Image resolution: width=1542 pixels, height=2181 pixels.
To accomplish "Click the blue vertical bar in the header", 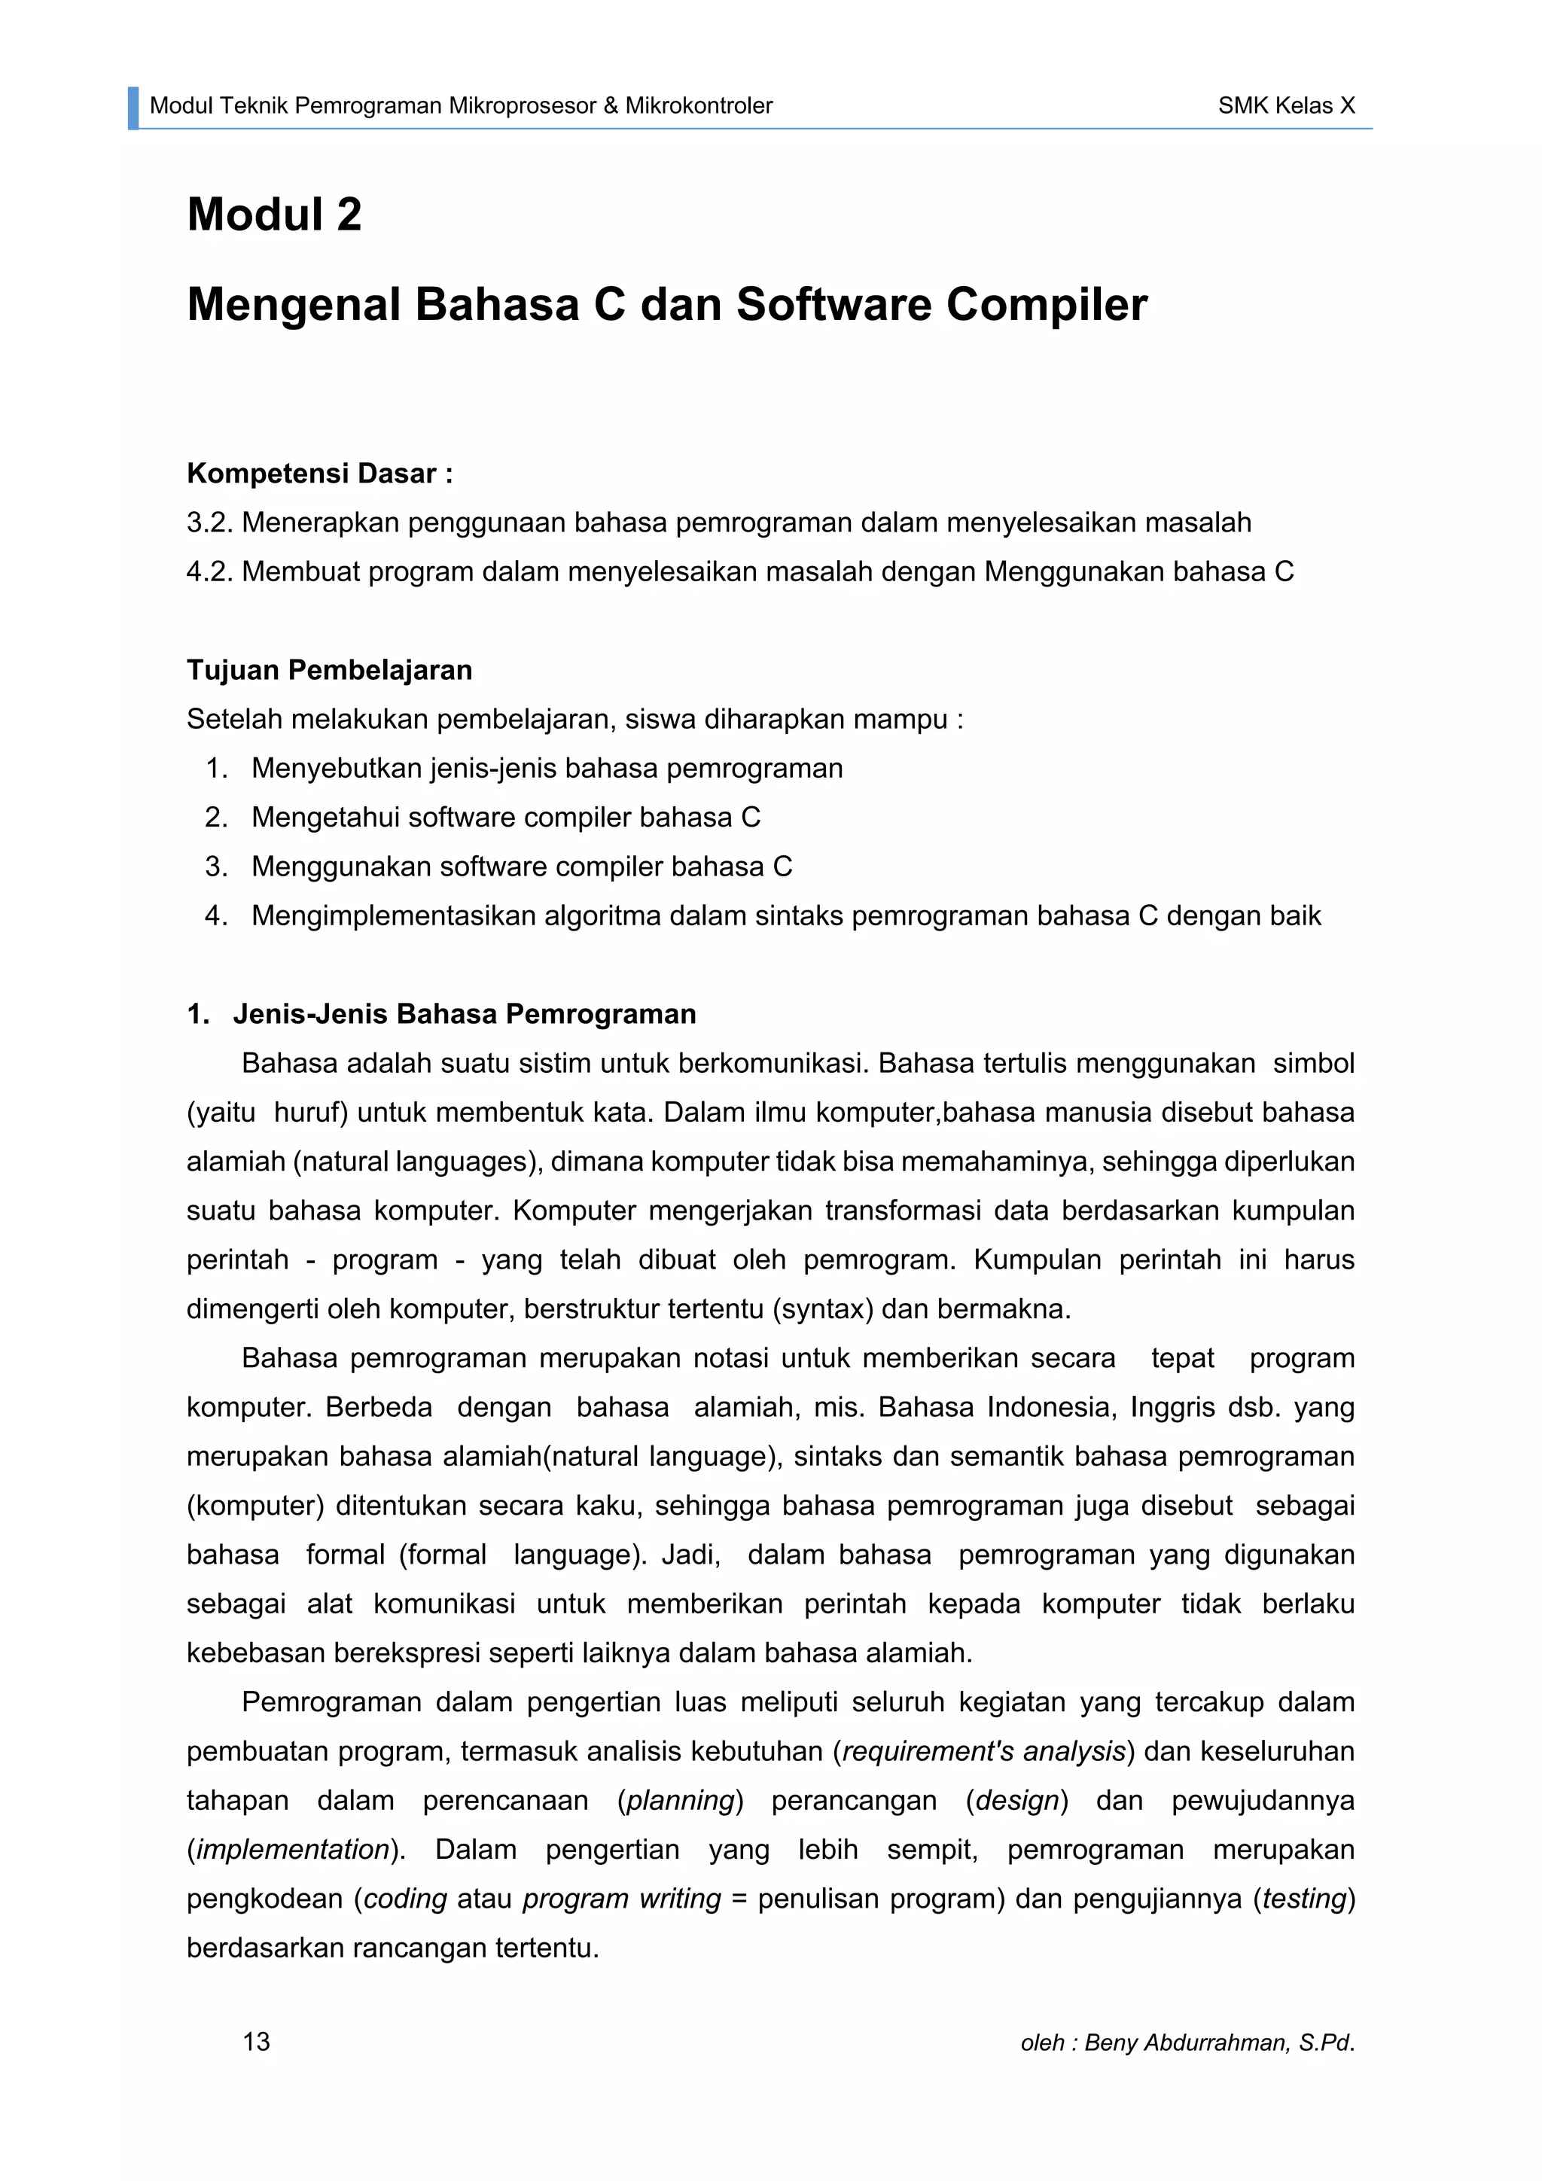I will [133, 108].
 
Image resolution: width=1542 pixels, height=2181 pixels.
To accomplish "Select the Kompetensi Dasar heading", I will [319, 473].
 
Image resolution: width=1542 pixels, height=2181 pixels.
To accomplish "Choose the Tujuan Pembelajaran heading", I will [329, 670].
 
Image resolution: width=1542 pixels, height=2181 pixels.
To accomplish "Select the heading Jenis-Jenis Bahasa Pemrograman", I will [464, 1015].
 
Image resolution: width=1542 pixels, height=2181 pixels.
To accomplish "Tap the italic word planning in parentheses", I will [680, 1801].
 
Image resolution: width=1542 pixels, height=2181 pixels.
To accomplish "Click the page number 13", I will [257, 2042].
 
